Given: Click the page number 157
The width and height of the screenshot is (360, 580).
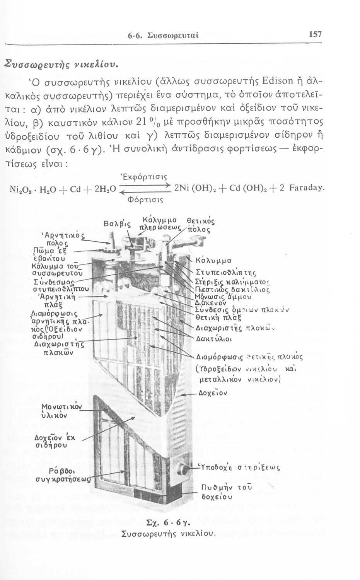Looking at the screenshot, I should coord(316,34).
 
